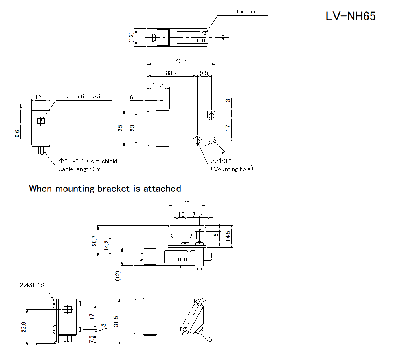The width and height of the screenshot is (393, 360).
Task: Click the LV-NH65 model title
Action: tap(351, 16)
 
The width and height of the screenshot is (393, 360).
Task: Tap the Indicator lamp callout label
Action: tap(239, 11)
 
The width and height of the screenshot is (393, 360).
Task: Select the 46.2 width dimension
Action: tap(181, 61)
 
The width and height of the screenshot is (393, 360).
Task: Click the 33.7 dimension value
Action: tap(171, 73)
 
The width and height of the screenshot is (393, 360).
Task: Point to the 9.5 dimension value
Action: tap(204, 73)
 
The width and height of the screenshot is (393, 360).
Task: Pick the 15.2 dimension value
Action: tap(158, 85)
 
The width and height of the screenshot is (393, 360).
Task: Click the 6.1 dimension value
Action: tap(134, 97)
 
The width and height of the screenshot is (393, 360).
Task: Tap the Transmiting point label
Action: tap(83, 96)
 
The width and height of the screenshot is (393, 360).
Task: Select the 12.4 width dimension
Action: tap(40, 97)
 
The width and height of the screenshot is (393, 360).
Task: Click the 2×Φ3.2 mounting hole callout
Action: tap(221, 161)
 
